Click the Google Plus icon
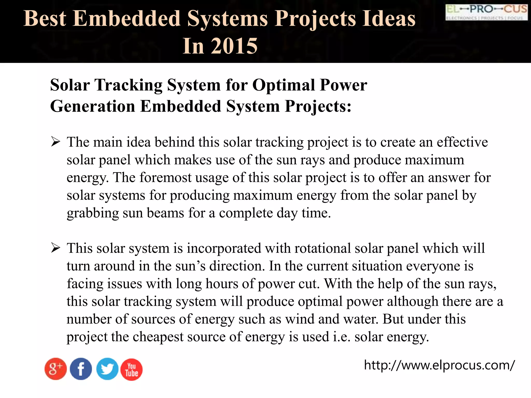pyautogui.click(x=55, y=369)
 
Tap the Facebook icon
pyautogui.click(x=81, y=369)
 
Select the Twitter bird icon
pyautogui.click(x=107, y=369)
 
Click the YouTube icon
pyautogui.click(x=131, y=369)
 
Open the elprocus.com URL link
pyautogui.click(x=439, y=365)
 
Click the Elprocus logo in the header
pyautogui.click(x=486, y=12)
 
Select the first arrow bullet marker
pyautogui.click(x=56, y=142)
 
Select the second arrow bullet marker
pyautogui.click(x=56, y=248)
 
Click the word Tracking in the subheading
pyautogui.click(x=129, y=85)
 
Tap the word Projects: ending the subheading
pyautogui.click(x=318, y=106)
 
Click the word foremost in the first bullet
pyautogui.click(x=165, y=178)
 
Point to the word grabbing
pyautogui.click(x=93, y=213)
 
